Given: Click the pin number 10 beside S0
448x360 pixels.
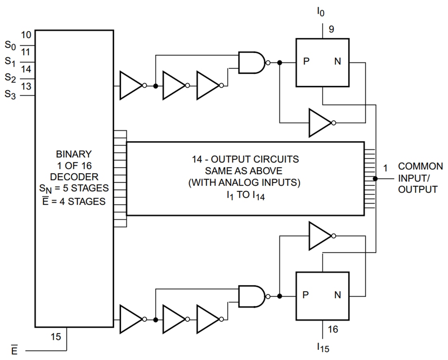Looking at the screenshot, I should point(26,35).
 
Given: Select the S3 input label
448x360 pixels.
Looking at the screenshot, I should point(11,95).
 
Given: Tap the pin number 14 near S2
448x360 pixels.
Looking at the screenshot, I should point(26,69).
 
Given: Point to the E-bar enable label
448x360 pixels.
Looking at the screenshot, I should point(14,351).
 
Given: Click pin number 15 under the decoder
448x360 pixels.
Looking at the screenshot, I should point(56,337).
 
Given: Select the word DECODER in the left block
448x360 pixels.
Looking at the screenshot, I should point(74,177).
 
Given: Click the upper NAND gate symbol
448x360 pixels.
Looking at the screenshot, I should point(252,62).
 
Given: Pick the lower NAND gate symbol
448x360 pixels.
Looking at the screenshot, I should point(252,296).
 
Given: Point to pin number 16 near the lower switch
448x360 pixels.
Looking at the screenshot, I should point(333,329).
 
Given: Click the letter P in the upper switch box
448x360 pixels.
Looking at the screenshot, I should point(306,62).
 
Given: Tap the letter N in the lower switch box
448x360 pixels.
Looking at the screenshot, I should point(338,295).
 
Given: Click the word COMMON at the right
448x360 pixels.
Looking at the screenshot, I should point(420,166).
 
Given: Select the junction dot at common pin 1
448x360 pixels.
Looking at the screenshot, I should point(375,179).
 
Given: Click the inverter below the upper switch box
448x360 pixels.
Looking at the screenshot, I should point(321,122).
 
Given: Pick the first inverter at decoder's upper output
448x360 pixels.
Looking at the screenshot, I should point(131,86).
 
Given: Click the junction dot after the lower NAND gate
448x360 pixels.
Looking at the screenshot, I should point(279,296).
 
